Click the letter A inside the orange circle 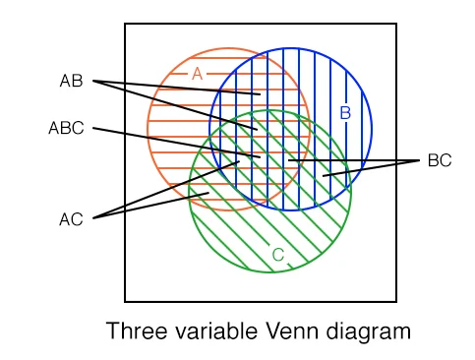[x=197, y=74]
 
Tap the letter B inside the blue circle [x=345, y=112]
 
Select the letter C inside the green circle [x=278, y=256]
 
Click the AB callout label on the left [x=72, y=81]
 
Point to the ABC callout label [x=66, y=128]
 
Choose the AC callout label [x=71, y=219]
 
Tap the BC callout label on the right [x=440, y=160]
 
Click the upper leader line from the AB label [x=177, y=88]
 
